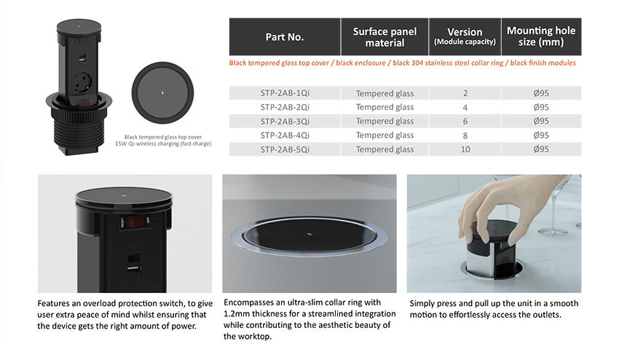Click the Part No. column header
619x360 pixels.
[285, 37]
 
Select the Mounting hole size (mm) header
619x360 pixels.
[541, 36]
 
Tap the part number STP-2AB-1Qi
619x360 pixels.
[285, 93]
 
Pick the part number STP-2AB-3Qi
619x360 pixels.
[285, 121]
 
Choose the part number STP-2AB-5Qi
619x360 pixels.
[285, 149]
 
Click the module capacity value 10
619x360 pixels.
[465, 149]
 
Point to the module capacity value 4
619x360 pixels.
[465, 107]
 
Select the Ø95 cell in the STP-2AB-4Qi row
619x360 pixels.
[541, 135]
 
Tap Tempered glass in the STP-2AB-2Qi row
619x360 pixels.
[385, 107]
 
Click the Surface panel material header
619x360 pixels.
[385, 37]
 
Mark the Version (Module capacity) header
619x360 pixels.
[465, 36]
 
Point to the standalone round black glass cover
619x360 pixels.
[162, 93]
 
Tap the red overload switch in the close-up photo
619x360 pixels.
[135, 222]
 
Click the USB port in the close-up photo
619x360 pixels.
[133, 269]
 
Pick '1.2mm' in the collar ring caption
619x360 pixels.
[237, 314]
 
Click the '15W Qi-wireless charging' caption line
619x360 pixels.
[163, 144]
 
